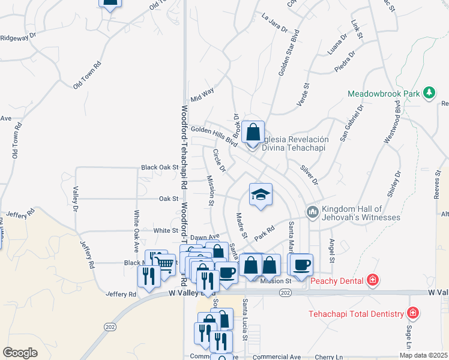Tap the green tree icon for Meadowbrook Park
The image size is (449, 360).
[429, 93]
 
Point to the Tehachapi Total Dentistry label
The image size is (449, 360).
[357, 313]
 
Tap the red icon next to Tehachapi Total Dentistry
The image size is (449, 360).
[412, 313]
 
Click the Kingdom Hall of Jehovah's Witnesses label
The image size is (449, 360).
[360, 212]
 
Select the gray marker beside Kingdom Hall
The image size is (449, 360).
[312, 212]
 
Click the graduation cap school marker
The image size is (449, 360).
[261, 195]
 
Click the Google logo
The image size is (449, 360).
[20, 352]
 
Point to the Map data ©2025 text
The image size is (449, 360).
[423, 355]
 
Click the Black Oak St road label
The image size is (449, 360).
[160, 167]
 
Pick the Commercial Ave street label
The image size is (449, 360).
[277, 356]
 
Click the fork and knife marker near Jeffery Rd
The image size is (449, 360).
[148, 275]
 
